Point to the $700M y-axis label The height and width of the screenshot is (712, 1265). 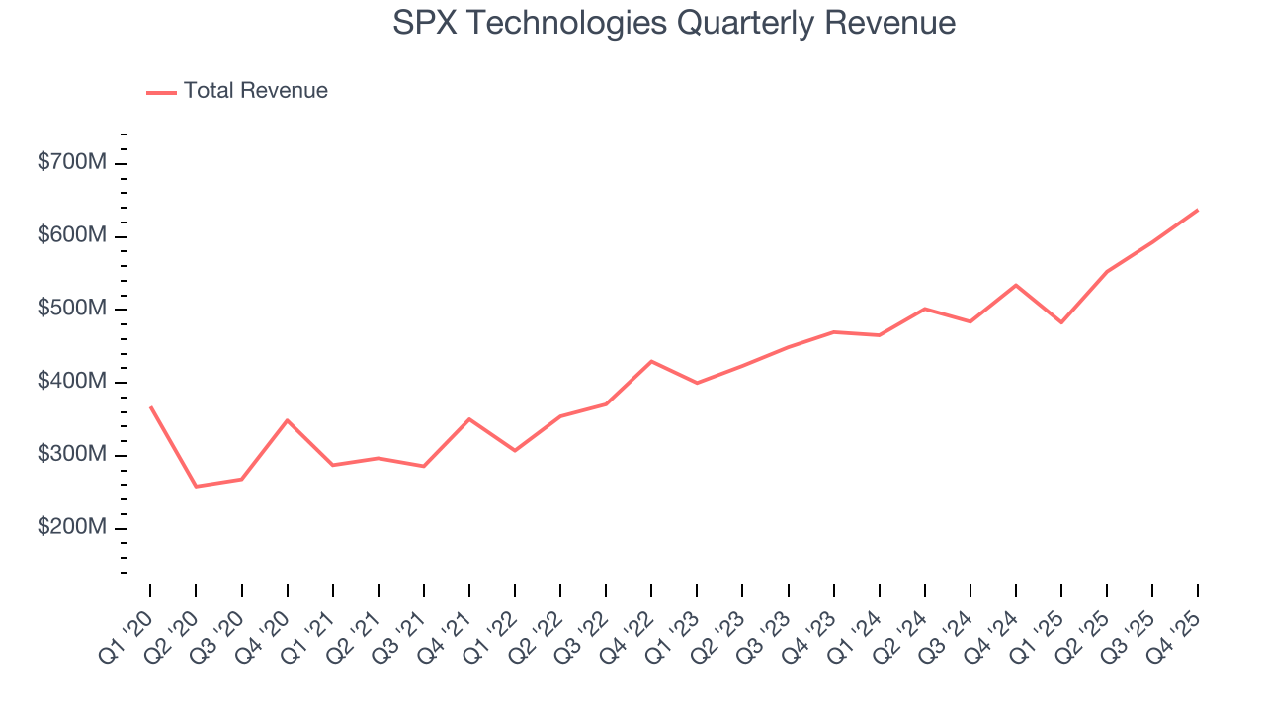point(71,163)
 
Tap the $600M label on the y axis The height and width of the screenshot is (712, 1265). point(71,236)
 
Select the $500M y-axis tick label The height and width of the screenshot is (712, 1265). point(71,310)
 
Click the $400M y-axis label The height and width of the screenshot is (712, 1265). point(71,382)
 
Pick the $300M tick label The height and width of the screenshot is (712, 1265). point(71,455)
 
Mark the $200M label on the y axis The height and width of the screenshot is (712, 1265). point(71,528)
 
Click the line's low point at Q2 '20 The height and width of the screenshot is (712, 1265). point(196,487)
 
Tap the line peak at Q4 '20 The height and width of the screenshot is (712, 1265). point(287,420)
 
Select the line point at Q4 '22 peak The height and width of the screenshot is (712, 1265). point(651,361)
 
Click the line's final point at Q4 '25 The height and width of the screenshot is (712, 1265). point(1198,210)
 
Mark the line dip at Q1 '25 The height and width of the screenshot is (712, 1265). point(1061,322)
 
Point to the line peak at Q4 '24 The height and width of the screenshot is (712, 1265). point(1016,285)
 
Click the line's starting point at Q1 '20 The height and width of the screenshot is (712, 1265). point(150,406)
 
